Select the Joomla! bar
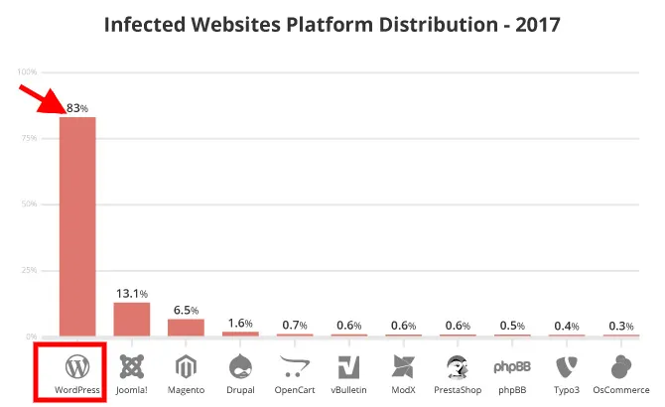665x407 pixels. click(x=131, y=319)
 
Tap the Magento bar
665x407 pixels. click(x=186, y=327)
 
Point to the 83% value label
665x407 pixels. click(x=77, y=107)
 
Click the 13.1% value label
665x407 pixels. click(x=131, y=293)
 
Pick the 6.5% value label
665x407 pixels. click(x=186, y=310)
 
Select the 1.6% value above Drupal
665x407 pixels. click(x=240, y=323)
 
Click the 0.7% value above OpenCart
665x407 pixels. click(x=294, y=325)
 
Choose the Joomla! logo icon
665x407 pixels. click(x=131, y=366)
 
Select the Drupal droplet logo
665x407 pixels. click(x=240, y=365)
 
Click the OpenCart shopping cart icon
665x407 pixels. click(x=294, y=365)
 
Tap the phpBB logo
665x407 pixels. click(x=512, y=366)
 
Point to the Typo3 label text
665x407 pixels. click(x=567, y=390)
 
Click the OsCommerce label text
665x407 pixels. click(x=621, y=390)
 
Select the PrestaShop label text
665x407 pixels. click(x=458, y=390)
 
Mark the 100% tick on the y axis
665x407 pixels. click(x=27, y=72)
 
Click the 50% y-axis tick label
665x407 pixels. click(x=29, y=204)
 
